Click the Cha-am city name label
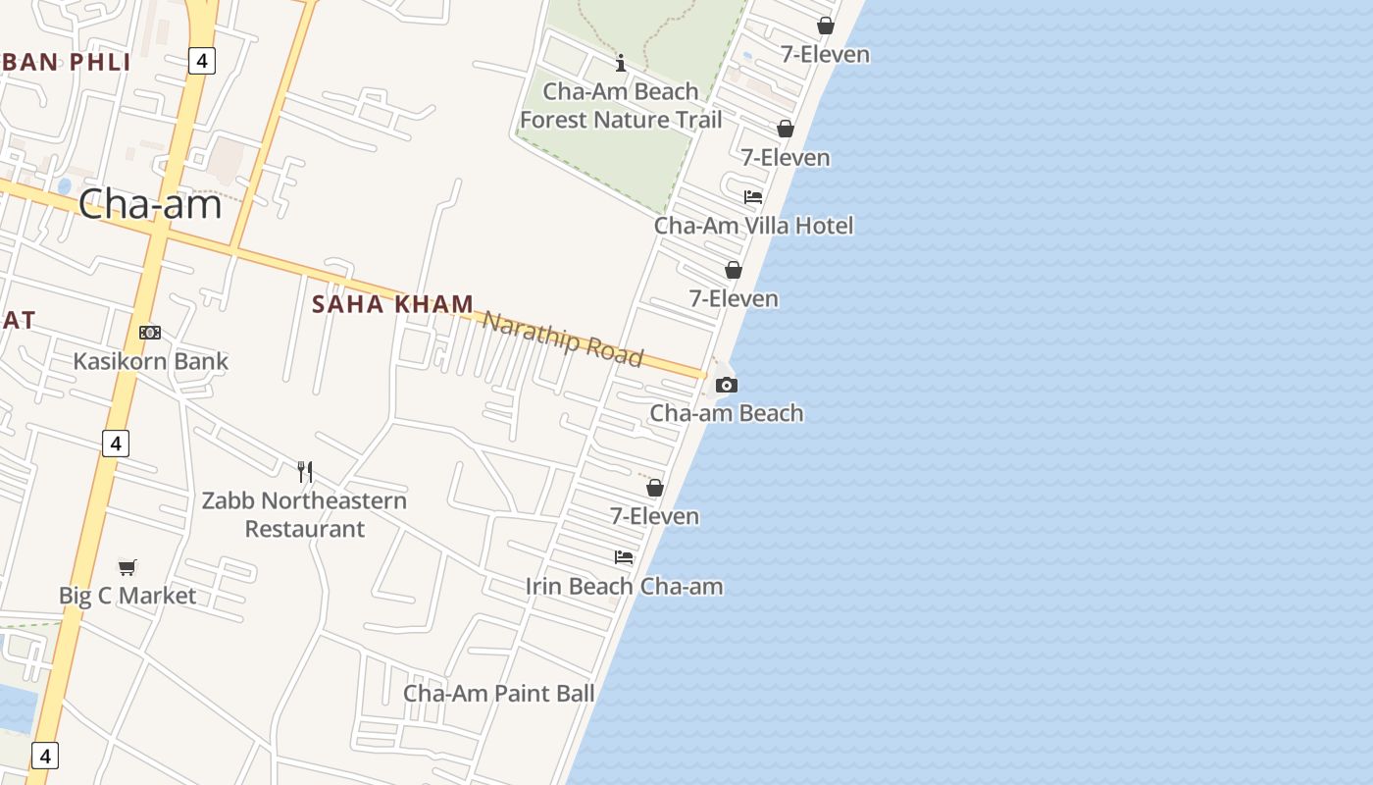coord(150,204)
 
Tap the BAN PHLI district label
coord(66,62)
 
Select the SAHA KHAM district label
coord(392,304)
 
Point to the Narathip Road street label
coord(563,338)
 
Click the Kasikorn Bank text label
coord(150,361)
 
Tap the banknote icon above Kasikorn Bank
coord(150,333)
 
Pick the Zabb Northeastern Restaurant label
coord(304,514)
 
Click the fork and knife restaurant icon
coord(305,472)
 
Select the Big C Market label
coord(127,596)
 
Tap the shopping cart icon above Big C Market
coord(127,566)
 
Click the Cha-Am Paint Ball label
coord(499,694)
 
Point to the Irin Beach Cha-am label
coord(624,587)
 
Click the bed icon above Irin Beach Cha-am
coord(624,557)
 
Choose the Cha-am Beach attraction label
coord(727,413)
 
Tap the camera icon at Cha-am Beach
coord(727,385)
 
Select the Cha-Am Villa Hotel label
coord(753,226)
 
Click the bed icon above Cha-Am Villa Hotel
coord(753,197)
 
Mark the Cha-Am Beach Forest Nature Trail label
coord(621,106)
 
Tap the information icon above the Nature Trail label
coord(621,64)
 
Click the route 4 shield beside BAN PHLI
coord(201,61)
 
